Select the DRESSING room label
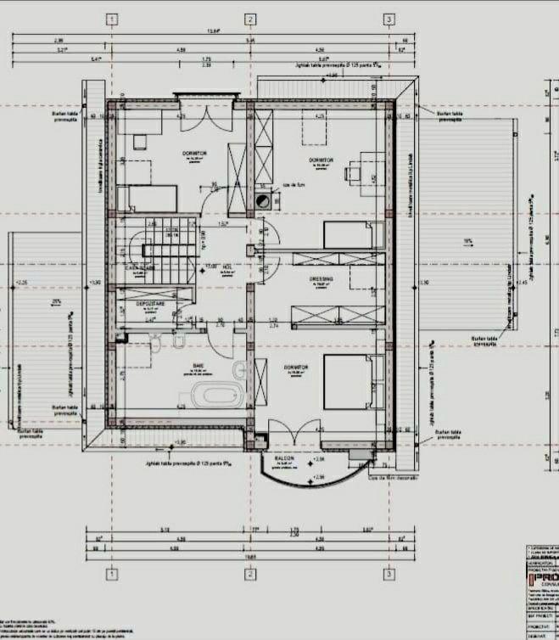[x=321, y=278]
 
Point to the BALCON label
[x=284, y=458]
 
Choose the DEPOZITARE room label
[x=150, y=301]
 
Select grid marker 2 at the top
[x=250, y=19]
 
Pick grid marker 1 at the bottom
[x=111, y=575]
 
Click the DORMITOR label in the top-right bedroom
[x=321, y=159]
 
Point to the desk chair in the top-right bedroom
[x=349, y=172]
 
